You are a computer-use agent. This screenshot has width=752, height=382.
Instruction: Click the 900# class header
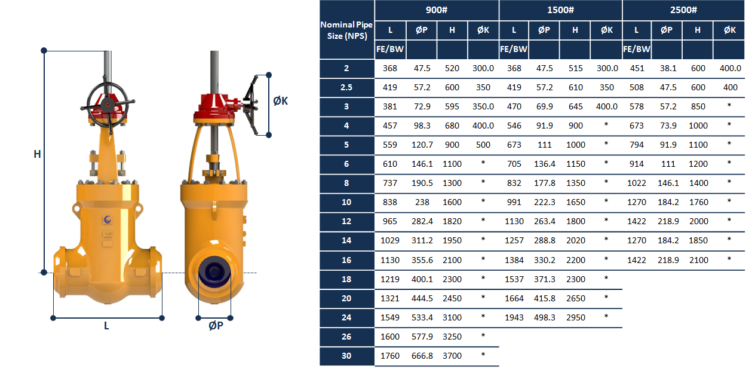coord(437,10)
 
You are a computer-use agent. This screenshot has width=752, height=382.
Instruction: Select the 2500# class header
coord(683,10)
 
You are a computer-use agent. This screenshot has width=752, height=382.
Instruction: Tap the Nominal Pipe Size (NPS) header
coord(346,30)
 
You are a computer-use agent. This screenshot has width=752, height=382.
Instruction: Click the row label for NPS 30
coord(346,356)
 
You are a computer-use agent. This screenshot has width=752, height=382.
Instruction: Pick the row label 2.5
coord(346,87)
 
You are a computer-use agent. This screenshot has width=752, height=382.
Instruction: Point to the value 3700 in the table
coord(452,356)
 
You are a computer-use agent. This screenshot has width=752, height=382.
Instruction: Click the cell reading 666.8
coord(422,356)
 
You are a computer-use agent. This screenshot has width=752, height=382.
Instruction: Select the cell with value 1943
coord(514,317)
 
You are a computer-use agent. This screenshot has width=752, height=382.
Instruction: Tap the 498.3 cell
coord(545,317)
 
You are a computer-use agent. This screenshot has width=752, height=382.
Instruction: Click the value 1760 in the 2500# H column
coord(699,202)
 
